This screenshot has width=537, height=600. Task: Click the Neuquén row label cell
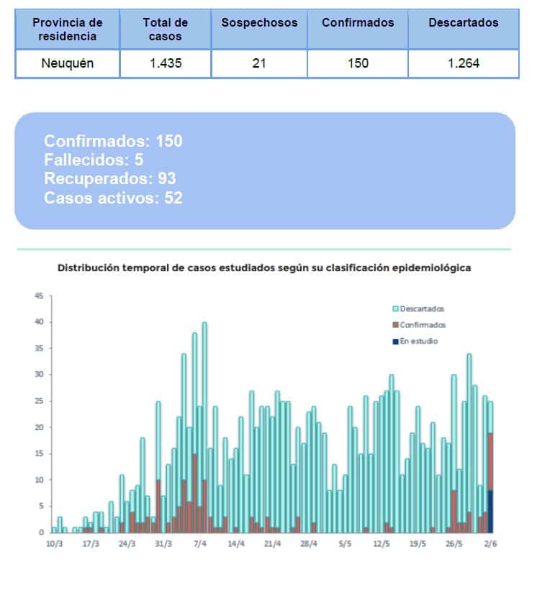coord(67,63)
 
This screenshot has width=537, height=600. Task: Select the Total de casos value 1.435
coord(165,63)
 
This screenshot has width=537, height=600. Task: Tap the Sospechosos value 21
coord(259,63)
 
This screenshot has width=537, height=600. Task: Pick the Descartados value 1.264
coord(463,63)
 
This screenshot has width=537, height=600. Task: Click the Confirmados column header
coord(358,23)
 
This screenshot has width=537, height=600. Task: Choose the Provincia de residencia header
coord(67,29)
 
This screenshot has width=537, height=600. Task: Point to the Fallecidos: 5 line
coord(94,160)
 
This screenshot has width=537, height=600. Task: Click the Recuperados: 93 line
coord(109,179)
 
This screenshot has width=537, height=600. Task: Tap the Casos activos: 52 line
coord(113,198)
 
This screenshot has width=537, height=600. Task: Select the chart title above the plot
coord(264,268)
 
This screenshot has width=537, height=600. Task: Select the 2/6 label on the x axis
coord(490,545)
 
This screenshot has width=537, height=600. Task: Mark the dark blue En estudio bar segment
coord(490,511)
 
